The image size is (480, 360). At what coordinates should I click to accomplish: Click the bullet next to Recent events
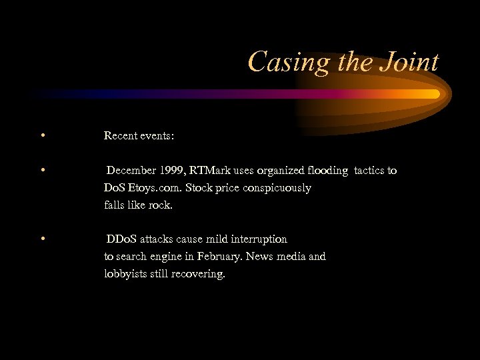point(42,136)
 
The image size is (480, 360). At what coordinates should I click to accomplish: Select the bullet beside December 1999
point(42,171)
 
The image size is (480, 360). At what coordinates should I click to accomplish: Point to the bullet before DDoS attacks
point(42,239)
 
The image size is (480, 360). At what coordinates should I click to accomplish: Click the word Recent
point(121,136)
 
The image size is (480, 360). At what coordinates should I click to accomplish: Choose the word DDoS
point(121,239)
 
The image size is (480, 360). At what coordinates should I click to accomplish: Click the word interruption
point(257,239)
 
